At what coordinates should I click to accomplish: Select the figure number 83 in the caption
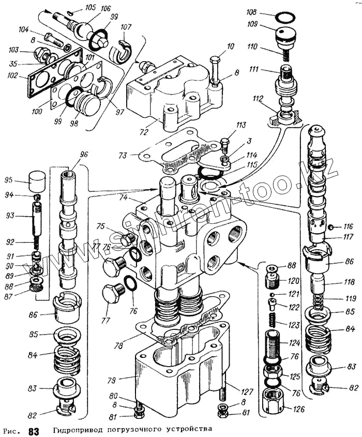pyautogui.click(x=34, y=431)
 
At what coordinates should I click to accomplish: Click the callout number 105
pyautogui.click(x=90, y=7)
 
